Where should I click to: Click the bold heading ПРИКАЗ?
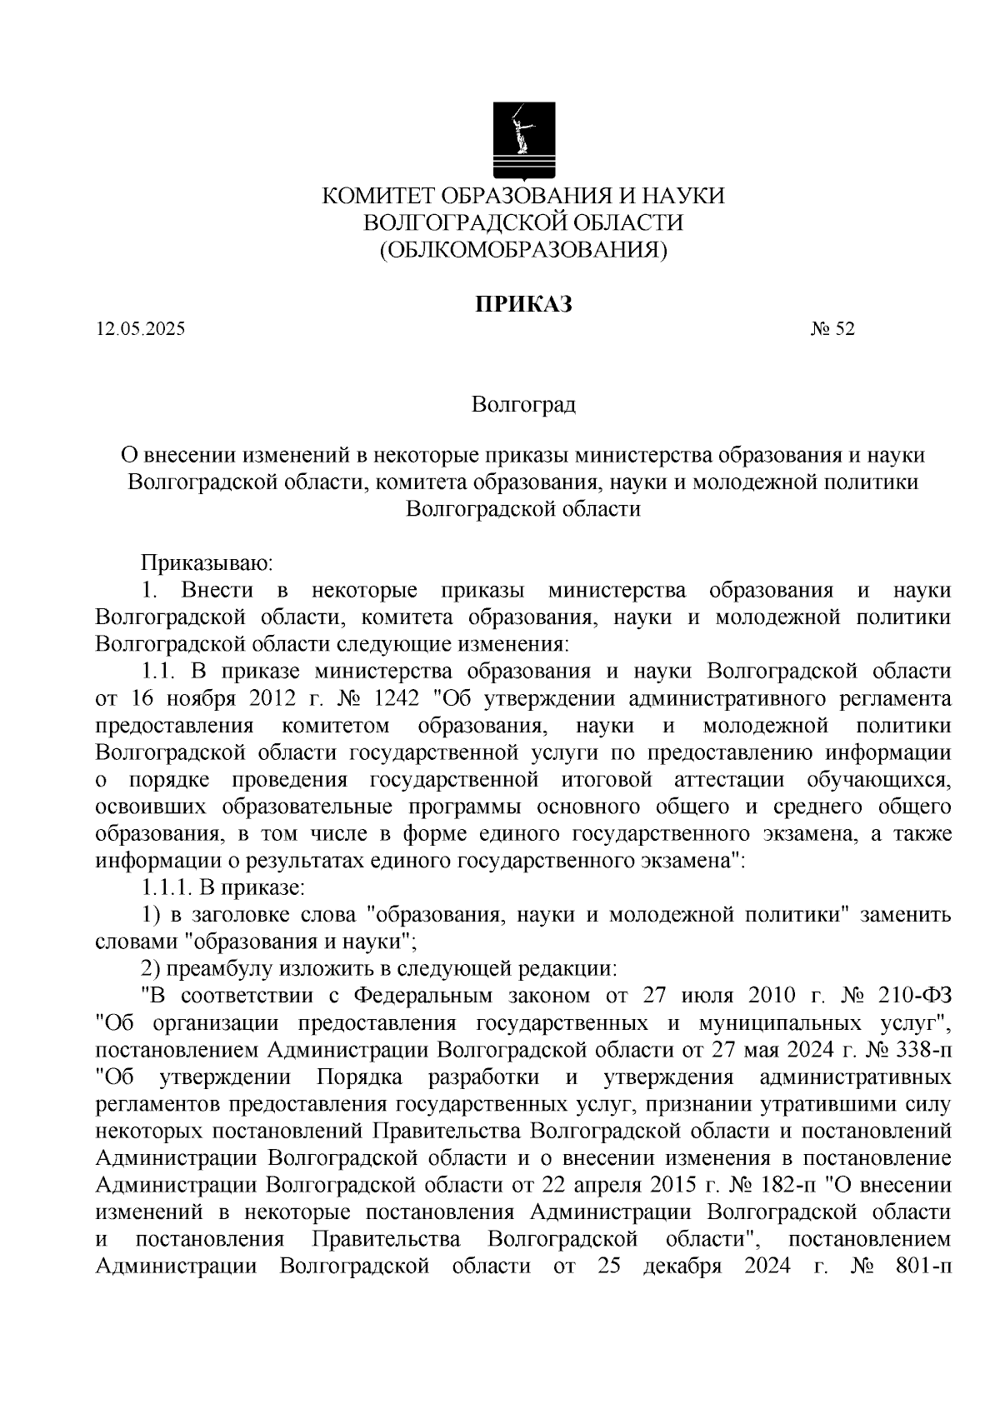(523, 304)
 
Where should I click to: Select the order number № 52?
(832, 329)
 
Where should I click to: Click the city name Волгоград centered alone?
(523, 406)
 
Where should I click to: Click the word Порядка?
(359, 1077)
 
